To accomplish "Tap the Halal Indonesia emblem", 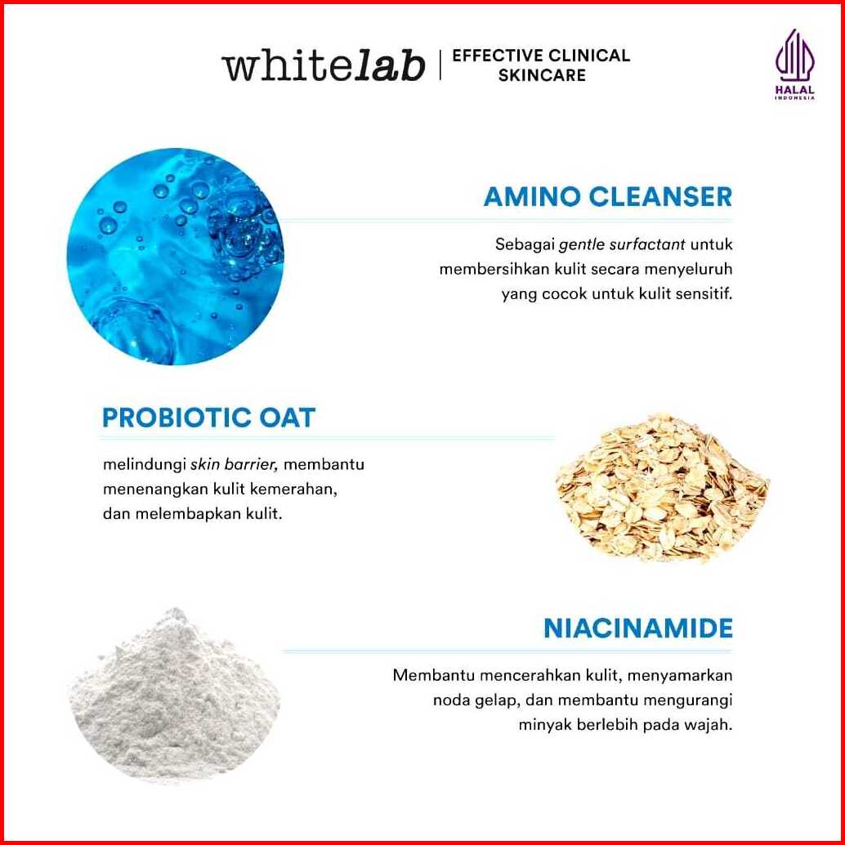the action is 795,65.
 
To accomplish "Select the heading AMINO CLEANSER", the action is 608,197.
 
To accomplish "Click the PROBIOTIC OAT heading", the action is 208,418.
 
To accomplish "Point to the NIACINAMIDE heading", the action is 638,628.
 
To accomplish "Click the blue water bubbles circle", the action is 175,257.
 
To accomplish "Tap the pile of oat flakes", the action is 662,488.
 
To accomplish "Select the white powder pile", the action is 175,695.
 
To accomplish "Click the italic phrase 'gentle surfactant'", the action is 623,244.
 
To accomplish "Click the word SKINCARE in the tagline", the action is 542,75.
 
